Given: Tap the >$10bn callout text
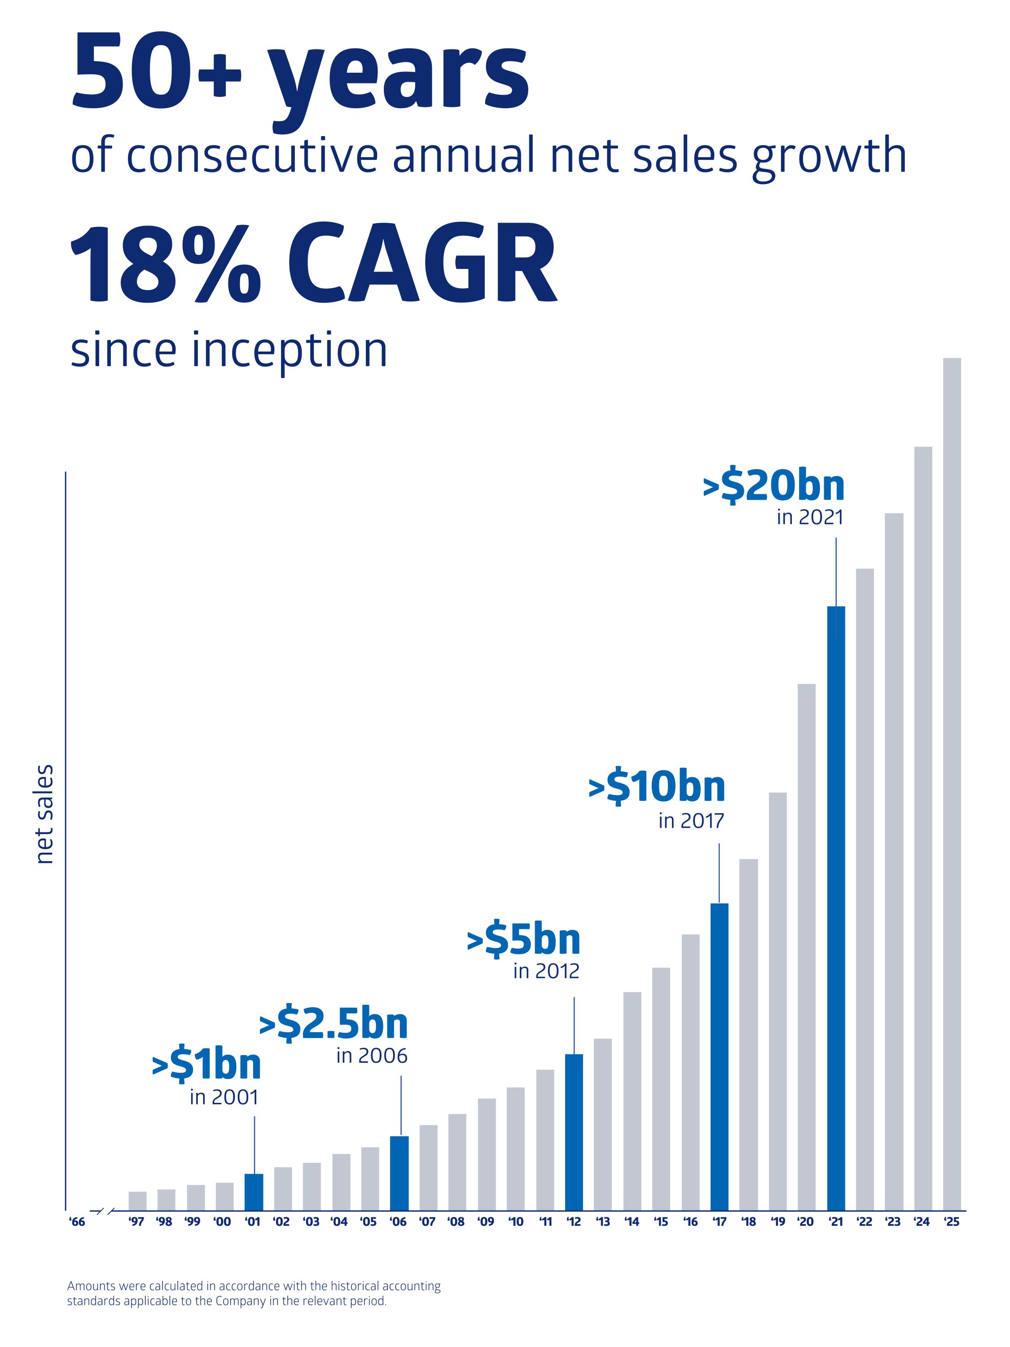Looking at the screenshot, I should pos(657,787).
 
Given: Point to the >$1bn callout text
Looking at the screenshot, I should pos(206,1065).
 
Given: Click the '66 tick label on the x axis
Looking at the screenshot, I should pos(77,1222).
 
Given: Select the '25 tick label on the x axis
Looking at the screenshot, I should pos(951,1222).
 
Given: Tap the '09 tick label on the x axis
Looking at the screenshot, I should pos(486,1222).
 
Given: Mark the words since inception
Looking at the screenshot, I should pos(229,350).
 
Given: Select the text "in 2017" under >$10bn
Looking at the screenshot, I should pos(691,821).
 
